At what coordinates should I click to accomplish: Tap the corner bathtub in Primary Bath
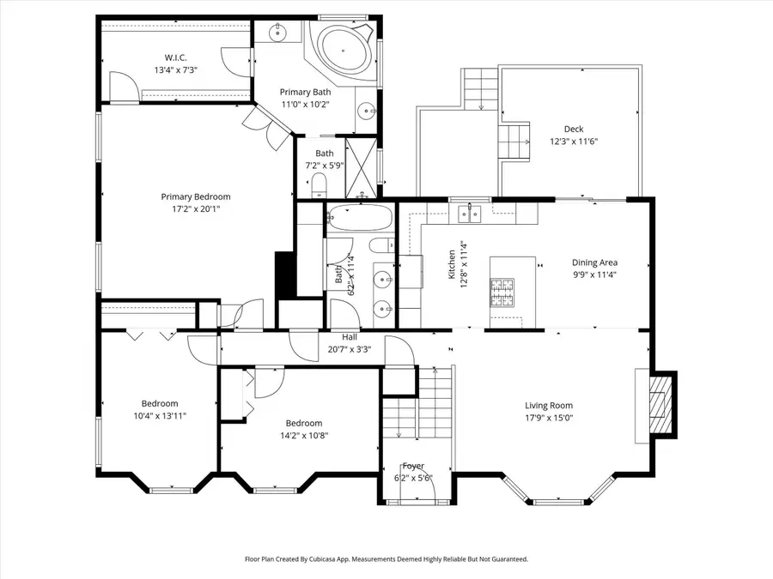pyautogui.click(x=344, y=51)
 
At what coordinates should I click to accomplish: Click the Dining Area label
pyautogui.click(x=594, y=263)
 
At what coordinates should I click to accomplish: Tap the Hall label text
pyautogui.click(x=350, y=337)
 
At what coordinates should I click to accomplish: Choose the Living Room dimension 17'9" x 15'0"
pyautogui.click(x=549, y=418)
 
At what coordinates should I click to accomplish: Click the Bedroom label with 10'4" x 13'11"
pyautogui.click(x=160, y=404)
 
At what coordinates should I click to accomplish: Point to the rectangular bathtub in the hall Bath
pyautogui.click(x=359, y=220)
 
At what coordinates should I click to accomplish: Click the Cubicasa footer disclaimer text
pyautogui.click(x=386, y=558)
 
